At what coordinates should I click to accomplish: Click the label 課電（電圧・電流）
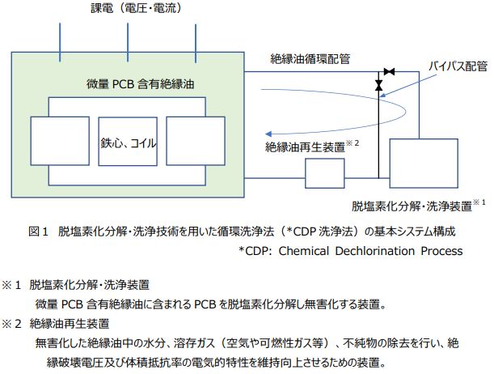click(x=137, y=8)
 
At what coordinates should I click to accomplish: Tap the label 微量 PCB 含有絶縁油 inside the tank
click(x=140, y=84)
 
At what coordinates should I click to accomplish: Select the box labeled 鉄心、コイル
click(x=128, y=142)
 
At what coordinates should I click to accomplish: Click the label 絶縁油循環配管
click(x=310, y=59)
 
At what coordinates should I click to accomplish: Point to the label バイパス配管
click(x=458, y=66)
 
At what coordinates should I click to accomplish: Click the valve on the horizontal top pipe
click(x=389, y=72)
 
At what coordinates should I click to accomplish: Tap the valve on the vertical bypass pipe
click(x=378, y=85)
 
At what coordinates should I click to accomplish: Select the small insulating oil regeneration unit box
click(x=325, y=173)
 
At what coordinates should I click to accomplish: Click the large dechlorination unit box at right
click(x=424, y=164)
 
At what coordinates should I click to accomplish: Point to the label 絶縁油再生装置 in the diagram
click(x=305, y=147)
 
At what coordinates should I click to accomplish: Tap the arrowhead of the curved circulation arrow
click(x=268, y=134)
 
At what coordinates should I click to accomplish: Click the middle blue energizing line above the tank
click(x=128, y=42)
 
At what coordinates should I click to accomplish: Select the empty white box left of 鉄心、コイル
click(x=60, y=141)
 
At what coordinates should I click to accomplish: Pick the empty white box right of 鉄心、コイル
click(x=196, y=141)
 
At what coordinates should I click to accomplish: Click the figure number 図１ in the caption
click(x=38, y=232)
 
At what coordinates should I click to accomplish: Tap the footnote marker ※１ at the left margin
click(x=11, y=285)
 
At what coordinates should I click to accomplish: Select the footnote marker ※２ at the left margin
click(x=11, y=324)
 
